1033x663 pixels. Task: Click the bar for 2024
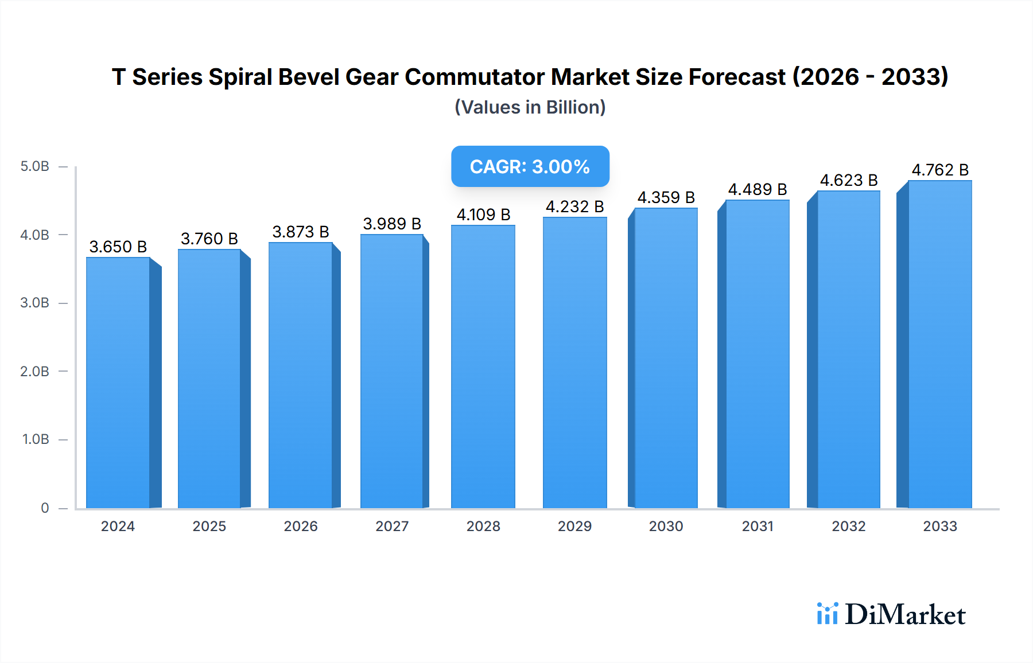[x=118, y=383]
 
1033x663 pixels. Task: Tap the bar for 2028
[x=483, y=367]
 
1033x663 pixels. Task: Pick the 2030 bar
[x=666, y=358]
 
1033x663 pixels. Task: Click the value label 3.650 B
[x=118, y=247]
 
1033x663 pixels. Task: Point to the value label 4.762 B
[x=940, y=170]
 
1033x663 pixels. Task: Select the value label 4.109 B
[x=483, y=214]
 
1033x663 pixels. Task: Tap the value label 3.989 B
[x=392, y=224]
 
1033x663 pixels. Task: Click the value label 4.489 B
[x=758, y=189]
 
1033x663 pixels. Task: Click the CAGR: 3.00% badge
[x=530, y=166]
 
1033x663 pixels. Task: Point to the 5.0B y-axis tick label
[x=34, y=166]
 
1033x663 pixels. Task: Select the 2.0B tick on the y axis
[x=34, y=371]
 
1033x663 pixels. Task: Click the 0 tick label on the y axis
[x=45, y=508]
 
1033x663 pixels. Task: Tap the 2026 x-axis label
[x=301, y=526]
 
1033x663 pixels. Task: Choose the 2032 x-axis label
[x=849, y=526]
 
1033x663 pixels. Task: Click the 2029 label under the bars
[x=574, y=526]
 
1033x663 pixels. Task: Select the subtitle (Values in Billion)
[x=530, y=107]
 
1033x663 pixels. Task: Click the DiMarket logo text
[x=905, y=614]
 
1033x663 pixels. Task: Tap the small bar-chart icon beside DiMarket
[x=827, y=614]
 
